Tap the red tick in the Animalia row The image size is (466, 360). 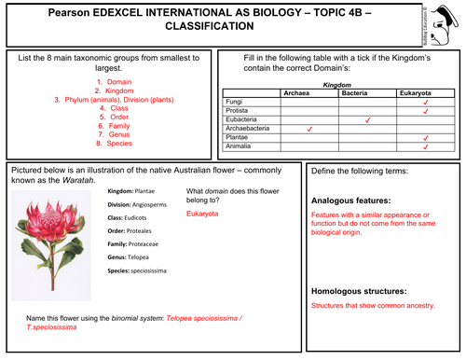pyautogui.click(x=425, y=146)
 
